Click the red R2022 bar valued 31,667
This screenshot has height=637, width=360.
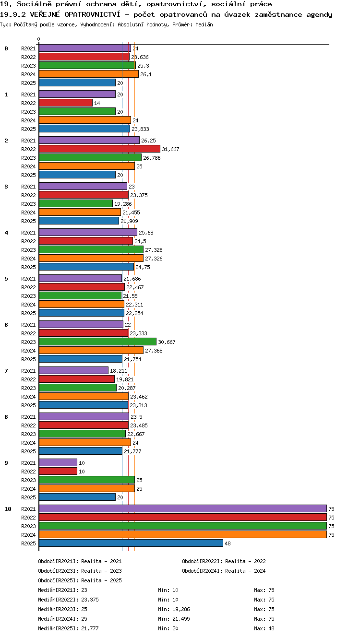tap(100, 149)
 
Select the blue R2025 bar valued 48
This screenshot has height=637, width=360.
tap(131, 543)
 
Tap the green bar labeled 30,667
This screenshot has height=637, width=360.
tap(97, 342)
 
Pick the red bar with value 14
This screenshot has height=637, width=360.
tap(66, 103)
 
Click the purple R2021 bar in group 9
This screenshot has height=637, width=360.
tap(58, 463)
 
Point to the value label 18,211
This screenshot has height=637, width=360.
tap(119, 371)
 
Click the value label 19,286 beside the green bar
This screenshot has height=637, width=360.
tap(123, 204)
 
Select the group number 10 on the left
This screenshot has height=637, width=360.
tap(8, 509)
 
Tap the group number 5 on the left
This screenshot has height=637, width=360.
tap(6, 279)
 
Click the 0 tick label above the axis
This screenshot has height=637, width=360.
tap(39, 39)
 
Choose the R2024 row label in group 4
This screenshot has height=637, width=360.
tap(28, 259)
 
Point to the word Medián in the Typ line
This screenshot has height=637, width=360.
tap(204, 25)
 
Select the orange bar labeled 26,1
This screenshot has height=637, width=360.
tap(89, 74)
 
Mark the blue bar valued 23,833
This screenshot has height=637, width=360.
tap(84, 129)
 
